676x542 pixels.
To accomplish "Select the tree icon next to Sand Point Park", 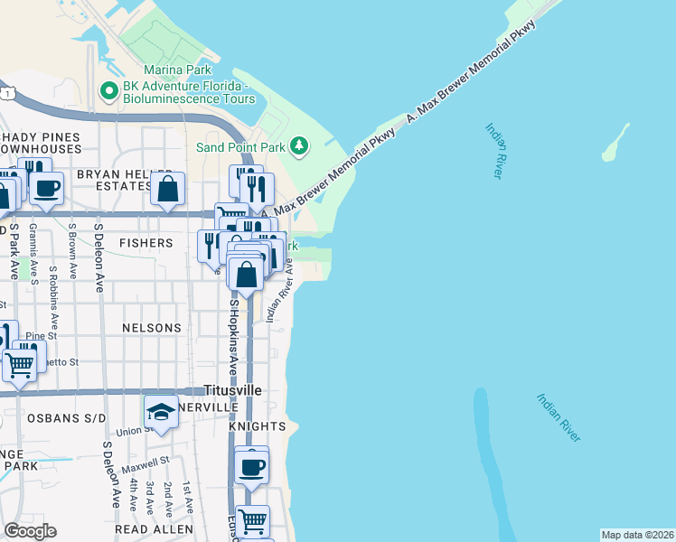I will coord(298,145).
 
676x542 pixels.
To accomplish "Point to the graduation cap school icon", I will coord(160,413).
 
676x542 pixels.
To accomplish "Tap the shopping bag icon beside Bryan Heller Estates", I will coord(168,189).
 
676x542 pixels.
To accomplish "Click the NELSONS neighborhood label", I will coord(154,328).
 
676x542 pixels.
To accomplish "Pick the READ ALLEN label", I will coord(154,528).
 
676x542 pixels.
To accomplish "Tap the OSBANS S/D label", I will coord(68,417).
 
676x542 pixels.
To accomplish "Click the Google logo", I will coord(30,530).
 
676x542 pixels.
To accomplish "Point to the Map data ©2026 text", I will coord(637,535).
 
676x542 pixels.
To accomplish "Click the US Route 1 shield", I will coord(7,93).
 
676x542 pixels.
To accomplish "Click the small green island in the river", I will coord(615,142).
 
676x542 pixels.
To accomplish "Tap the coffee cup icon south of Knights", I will coord(251,467).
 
